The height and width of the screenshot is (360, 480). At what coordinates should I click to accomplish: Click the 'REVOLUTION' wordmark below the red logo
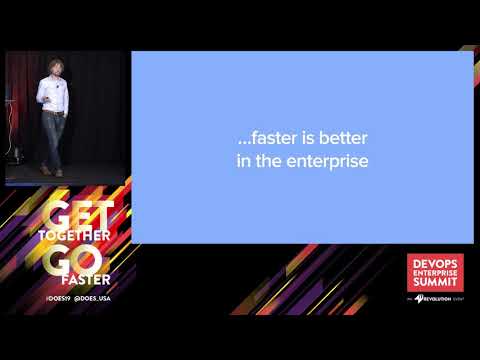(441, 297)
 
